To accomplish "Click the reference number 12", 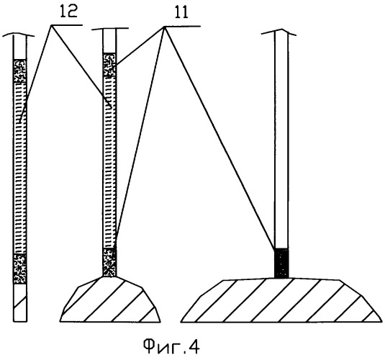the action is point(69,12).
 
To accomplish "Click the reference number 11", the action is point(181,12).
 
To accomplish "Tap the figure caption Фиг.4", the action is point(171,346).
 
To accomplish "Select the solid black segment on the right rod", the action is point(281,264).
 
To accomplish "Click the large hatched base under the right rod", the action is point(281,300).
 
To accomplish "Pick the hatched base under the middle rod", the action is point(110,300).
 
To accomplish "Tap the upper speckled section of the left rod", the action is point(20,71).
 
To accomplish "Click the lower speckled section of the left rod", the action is point(20,269).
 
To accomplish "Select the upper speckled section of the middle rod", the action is point(109,65).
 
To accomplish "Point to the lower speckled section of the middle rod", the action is point(109,263).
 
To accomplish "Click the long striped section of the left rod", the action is point(20,168).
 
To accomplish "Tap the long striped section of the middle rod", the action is point(109,162).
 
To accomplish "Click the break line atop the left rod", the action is point(19,35).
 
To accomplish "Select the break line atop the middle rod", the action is point(110,30).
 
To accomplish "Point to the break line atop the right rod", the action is point(278,32).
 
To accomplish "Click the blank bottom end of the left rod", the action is point(20,302).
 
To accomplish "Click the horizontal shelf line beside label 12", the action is point(66,25).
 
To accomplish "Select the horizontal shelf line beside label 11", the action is point(182,27).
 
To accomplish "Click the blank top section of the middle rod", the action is point(109,41).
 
